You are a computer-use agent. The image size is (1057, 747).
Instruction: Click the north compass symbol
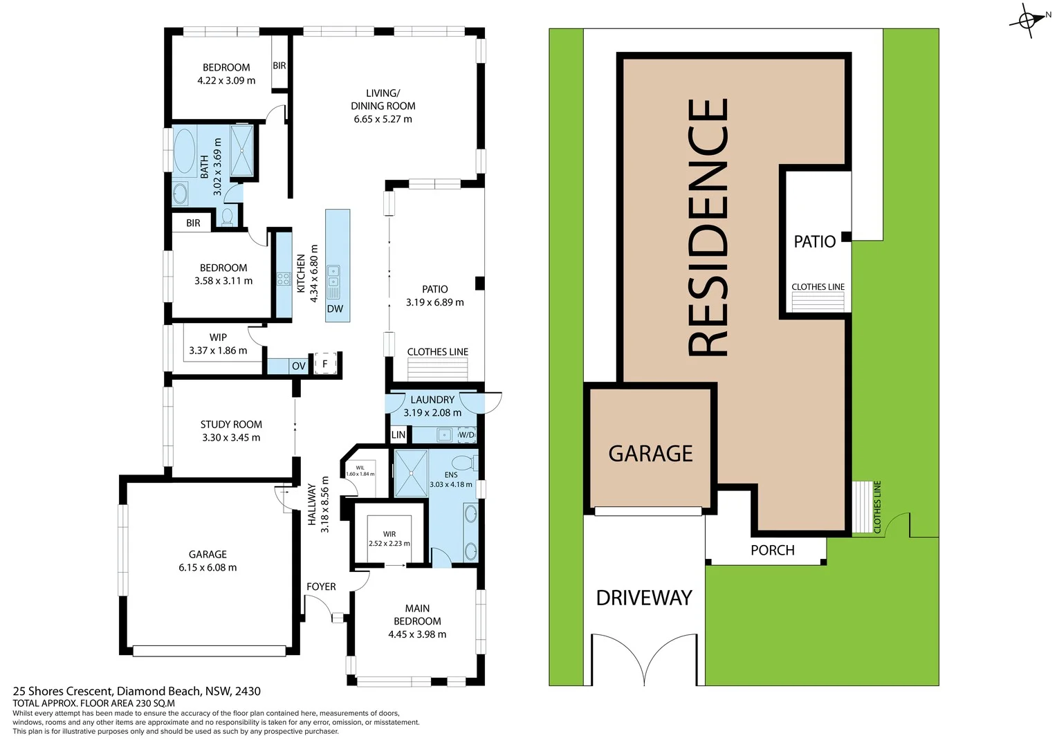coord(1029,20)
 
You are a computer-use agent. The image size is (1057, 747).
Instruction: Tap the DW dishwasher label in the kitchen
coord(335,309)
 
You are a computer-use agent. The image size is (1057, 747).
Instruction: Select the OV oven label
coord(298,366)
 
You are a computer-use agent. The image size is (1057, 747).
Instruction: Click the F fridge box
coord(325,363)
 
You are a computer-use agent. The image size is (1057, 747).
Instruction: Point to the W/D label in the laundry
coord(467,435)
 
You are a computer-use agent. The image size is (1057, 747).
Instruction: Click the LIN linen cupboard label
coord(398,435)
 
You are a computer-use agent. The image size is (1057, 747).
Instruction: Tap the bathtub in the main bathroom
coord(184,150)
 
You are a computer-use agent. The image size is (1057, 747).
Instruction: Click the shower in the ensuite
coord(411,474)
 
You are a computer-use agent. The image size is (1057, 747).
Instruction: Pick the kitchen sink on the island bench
coord(333,277)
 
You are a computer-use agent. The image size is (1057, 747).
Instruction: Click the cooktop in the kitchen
coord(283,279)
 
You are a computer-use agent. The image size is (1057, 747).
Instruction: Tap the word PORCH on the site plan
coord(773,551)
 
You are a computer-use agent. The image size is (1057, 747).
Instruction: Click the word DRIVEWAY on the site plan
coord(644,598)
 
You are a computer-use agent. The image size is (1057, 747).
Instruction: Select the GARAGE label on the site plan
coord(650,454)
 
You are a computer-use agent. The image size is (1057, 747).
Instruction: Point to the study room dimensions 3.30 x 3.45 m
coord(231,438)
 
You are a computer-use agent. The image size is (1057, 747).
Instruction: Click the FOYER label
coord(321,587)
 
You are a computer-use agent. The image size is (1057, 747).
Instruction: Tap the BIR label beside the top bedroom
coord(279,66)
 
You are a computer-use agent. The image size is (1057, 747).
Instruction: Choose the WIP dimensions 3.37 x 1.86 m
coord(218,351)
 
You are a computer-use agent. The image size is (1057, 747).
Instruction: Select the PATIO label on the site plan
coord(814,242)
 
